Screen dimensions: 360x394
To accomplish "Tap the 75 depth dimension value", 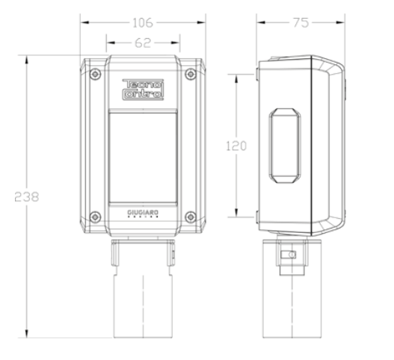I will pos(301,23).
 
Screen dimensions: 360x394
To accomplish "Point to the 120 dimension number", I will pos(236,146).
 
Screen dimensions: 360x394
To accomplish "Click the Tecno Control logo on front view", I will pos(142,89).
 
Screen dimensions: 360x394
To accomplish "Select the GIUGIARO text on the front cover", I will pos(142,214).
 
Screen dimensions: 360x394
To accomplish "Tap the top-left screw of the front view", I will pos(93,74).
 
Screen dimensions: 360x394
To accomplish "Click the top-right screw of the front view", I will pos(191,74).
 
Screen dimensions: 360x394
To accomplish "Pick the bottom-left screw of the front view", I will pos(93,217).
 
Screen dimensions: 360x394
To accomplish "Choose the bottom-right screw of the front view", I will pos(191,217).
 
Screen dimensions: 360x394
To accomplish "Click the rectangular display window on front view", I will pos(142,153).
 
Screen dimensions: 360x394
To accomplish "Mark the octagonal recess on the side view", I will pos(284,146).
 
